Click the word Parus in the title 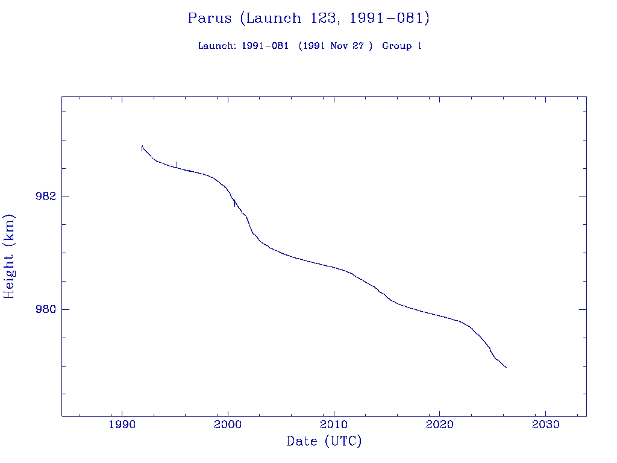209,18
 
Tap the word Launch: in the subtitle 217,46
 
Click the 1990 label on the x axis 122,426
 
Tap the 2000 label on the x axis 228,426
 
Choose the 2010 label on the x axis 334,426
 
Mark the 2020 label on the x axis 439,426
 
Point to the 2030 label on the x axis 545,426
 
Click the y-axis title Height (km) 9,256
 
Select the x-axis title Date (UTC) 324,441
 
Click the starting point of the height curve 142,146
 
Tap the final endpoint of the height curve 506,367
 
